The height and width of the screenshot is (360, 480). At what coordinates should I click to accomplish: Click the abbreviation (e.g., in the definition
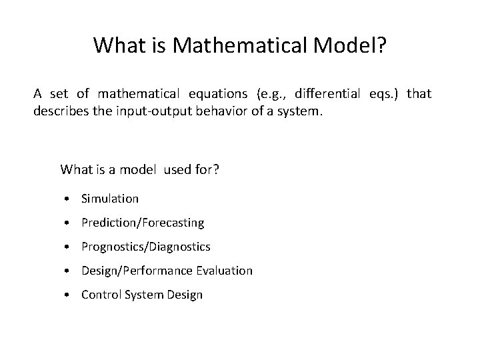[271, 93]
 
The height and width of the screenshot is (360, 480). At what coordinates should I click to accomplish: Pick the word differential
[327, 93]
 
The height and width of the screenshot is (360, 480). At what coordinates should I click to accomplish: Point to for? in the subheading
[205, 169]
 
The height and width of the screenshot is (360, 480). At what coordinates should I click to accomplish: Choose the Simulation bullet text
[110, 199]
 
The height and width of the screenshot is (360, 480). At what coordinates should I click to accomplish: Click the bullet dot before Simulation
[69, 199]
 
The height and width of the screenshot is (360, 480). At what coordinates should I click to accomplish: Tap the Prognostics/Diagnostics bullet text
[145, 247]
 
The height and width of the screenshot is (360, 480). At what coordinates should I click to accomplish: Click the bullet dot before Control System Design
[69, 295]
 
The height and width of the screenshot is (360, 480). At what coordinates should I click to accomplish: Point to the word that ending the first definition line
[419, 93]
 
